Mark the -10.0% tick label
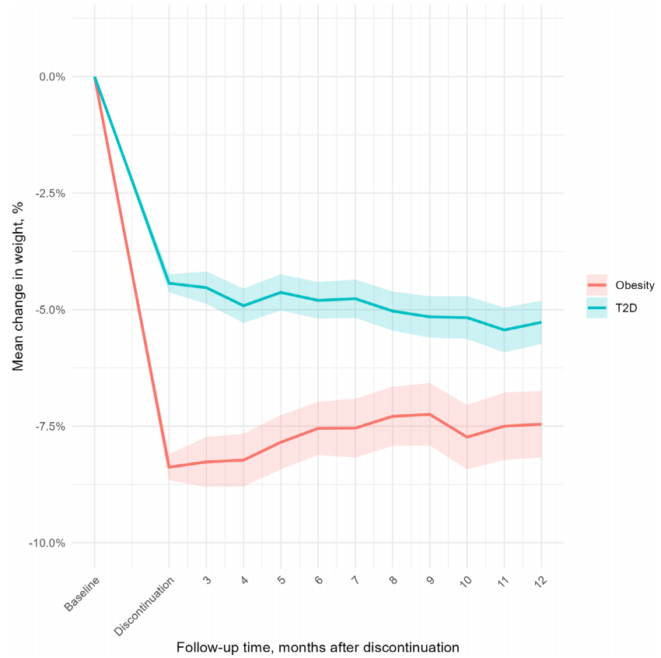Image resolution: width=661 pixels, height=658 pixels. click(x=46, y=544)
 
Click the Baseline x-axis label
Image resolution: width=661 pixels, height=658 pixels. click(x=83, y=593)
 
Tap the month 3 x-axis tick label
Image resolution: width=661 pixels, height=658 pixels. click(x=206, y=581)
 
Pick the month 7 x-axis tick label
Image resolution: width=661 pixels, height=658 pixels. click(x=355, y=581)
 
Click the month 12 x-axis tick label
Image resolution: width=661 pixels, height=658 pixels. click(x=541, y=581)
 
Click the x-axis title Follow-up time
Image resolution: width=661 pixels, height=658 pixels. click(x=317, y=647)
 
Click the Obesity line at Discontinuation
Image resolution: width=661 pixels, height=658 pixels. click(x=169, y=467)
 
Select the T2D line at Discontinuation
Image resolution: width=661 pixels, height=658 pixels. click(x=169, y=283)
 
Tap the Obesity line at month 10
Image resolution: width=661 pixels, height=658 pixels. click(x=467, y=437)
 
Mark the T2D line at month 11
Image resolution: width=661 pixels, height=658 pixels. click(x=504, y=330)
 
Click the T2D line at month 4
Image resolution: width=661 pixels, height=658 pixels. click(x=243, y=306)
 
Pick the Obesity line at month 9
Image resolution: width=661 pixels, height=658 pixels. click(x=430, y=414)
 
